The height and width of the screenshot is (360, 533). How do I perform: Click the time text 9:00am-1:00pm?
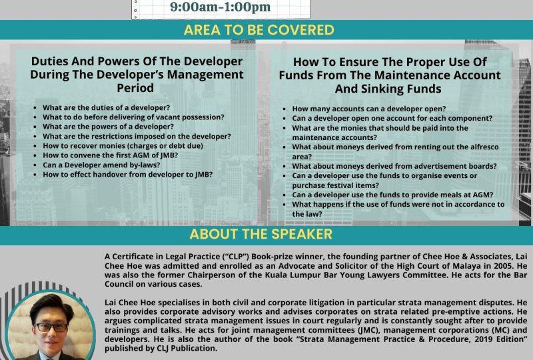pyautogui.click(x=221, y=7)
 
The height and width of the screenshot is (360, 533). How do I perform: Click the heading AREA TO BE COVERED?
pyautogui.click(x=259, y=30)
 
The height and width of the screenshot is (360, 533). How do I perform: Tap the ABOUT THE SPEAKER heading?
pyautogui.click(x=261, y=234)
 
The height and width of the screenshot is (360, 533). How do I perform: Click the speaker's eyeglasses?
pyautogui.click(x=51, y=327)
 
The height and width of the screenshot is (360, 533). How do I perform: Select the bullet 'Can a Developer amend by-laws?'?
pyautogui.click(x=101, y=165)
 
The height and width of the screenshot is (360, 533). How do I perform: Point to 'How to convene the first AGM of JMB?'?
pyautogui.click(x=110, y=155)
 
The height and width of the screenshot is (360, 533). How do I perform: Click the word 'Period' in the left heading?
pyautogui.click(x=135, y=88)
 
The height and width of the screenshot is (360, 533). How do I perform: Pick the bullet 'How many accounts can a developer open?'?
pyautogui.click(x=369, y=109)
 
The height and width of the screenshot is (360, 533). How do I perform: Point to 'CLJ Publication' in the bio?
pyautogui.click(x=193, y=349)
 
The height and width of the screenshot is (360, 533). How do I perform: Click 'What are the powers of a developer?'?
pyautogui.click(x=108, y=127)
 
